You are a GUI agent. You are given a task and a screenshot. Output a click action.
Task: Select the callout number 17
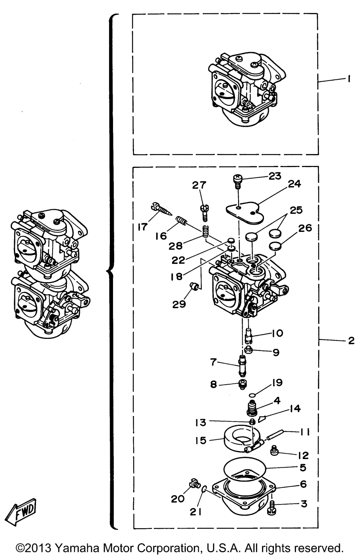tap(143, 227)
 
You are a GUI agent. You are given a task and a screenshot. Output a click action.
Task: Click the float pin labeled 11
tap(276, 435)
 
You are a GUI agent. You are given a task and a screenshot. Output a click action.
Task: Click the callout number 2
tap(351, 340)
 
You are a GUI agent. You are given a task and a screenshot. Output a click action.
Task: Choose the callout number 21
tap(196, 512)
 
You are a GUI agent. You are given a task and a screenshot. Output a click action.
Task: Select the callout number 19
tap(277, 382)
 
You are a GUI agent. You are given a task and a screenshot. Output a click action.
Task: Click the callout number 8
tap(214, 385)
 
